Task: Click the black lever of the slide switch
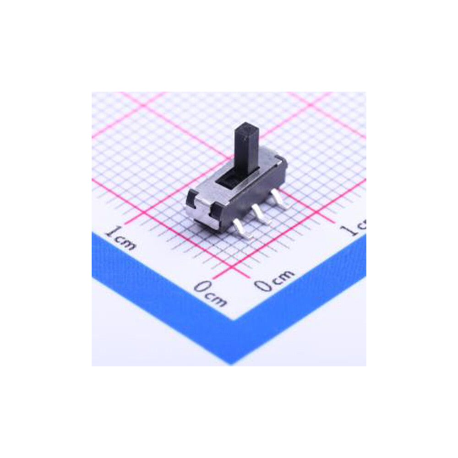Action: [x=244, y=147]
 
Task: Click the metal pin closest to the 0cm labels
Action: [x=243, y=229]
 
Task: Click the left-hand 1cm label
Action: [x=120, y=238]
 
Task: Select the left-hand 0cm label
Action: [x=210, y=293]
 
